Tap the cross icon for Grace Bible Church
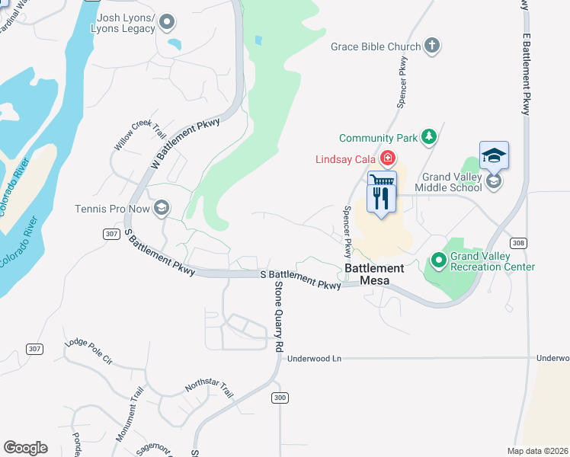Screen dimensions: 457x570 coord(432,46)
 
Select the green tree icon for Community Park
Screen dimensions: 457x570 coord(430,137)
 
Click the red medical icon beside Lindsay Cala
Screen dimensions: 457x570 coord(388,158)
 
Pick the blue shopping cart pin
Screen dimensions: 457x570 coord(382,181)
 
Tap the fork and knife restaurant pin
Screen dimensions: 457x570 coord(379,199)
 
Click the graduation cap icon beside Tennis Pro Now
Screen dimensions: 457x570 coord(162,208)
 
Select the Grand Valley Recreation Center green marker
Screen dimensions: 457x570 coord(438,260)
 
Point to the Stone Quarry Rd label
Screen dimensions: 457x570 coord(279,316)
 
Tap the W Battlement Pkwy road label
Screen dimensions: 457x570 coord(185,143)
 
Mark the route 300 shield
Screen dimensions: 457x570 coord(279,398)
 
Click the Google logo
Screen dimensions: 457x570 coord(25,448)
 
